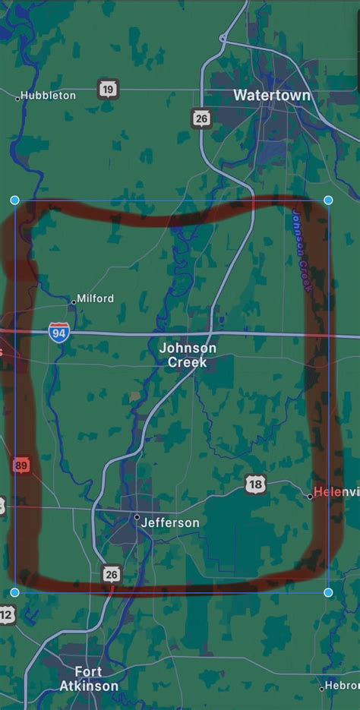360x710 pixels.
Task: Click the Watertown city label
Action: point(271,96)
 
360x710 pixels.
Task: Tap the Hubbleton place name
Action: point(48,96)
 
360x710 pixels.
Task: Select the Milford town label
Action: point(96,298)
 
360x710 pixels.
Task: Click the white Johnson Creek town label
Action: point(188,355)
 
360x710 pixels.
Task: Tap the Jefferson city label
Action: point(171,522)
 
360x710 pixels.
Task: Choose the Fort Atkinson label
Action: point(89,679)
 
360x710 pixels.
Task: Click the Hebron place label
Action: point(343,686)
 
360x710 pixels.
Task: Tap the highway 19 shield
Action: point(109,90)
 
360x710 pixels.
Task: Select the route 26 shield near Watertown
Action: point(201,118)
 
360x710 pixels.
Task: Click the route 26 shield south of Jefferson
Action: point(112,574)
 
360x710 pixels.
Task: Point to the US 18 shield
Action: point(255,484)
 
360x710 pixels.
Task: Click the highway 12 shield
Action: point(6,614)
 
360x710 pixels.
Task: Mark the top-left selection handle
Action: point(14,200)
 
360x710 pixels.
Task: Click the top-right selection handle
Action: point(328,200)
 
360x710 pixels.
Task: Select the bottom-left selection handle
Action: point(14,592)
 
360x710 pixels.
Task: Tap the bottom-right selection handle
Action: point(328,592)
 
